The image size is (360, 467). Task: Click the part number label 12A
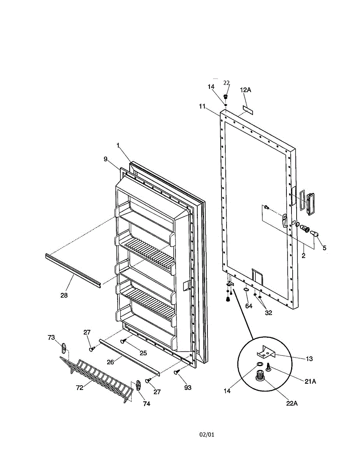click(246, 90)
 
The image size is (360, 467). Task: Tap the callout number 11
click(202, 107)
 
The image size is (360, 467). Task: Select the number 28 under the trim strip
click(64, 295)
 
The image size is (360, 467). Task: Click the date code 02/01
click(207, 435)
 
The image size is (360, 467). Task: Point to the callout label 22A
click(292, 404)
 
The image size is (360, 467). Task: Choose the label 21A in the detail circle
click(310, 381)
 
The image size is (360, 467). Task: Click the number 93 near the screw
click(188, 388)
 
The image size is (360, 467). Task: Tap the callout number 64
click(249, 306)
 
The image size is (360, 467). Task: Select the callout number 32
click(269, 313)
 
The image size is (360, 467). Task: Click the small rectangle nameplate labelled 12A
click(248, 110)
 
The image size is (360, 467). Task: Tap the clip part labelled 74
click(139, 385)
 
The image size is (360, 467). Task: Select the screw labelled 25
click(123, 341)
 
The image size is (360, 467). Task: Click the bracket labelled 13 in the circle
click(267, 352)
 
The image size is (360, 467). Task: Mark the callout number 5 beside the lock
click(324, 248)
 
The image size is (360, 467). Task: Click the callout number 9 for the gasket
click(105, 159)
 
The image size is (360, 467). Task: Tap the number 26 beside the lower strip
click(110, 362)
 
